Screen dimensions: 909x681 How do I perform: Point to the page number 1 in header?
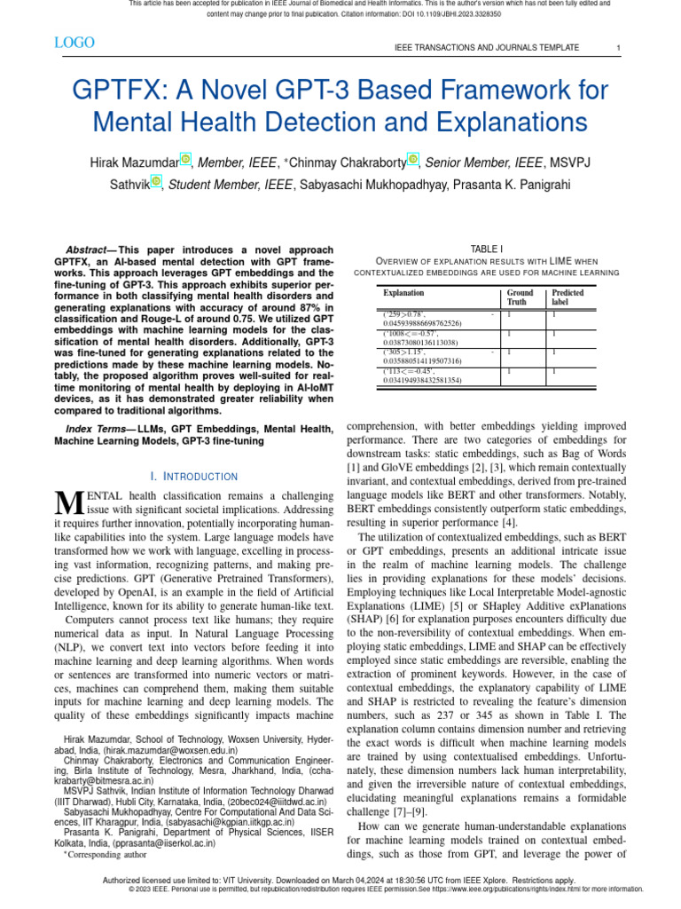click(x=618, y=47)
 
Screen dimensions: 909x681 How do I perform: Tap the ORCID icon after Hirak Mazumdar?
click(x=185, y=160)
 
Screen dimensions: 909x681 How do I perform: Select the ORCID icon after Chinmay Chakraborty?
click(x=412, y=160)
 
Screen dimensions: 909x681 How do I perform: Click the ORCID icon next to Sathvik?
click(x=156, y=182)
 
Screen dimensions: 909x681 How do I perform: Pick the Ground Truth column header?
click(x=520, y=296)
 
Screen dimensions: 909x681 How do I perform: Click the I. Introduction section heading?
click(x=194, y=477)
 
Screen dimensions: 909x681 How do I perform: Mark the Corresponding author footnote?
click(x=107, y=855)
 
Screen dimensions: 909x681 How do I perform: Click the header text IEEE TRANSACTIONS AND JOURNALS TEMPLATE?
click(x=487, y=47)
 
